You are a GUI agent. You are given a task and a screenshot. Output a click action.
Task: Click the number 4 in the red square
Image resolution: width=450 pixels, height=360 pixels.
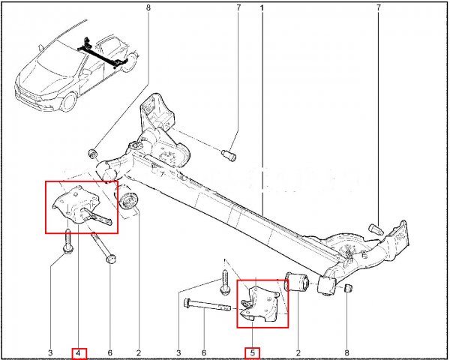coord(78,353)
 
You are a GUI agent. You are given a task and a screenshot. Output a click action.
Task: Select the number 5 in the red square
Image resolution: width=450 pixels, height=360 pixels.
coord(252,352)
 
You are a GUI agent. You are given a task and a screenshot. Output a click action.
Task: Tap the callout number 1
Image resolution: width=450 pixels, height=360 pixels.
coord(262,7)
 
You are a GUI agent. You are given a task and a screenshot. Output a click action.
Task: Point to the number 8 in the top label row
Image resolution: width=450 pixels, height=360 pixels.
coord(148,7)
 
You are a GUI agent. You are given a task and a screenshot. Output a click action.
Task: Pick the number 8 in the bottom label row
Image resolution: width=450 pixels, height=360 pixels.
coord(346,352)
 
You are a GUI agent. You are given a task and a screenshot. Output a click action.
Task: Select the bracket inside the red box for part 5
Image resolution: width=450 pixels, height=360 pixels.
coord(259,303)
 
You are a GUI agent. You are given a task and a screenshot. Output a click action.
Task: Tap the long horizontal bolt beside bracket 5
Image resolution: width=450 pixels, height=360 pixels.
coord(207,305)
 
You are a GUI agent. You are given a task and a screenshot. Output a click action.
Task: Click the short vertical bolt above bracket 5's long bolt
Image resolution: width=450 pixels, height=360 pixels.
coord(225,282)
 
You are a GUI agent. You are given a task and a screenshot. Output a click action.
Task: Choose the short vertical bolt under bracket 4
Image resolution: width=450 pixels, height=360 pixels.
coord(68,242)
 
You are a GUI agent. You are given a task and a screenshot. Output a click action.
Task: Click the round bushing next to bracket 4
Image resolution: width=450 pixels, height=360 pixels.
coord(127,201)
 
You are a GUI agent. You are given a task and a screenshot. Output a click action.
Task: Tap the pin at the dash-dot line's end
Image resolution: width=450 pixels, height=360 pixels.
coord(229,155)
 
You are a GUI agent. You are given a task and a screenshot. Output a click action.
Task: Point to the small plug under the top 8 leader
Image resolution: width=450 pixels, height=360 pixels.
coord(93,154)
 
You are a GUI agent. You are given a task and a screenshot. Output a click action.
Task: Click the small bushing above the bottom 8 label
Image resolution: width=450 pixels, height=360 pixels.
coord(348,288)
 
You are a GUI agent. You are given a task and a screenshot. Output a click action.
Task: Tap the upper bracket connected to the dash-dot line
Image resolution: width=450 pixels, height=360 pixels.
coord(157,112)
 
